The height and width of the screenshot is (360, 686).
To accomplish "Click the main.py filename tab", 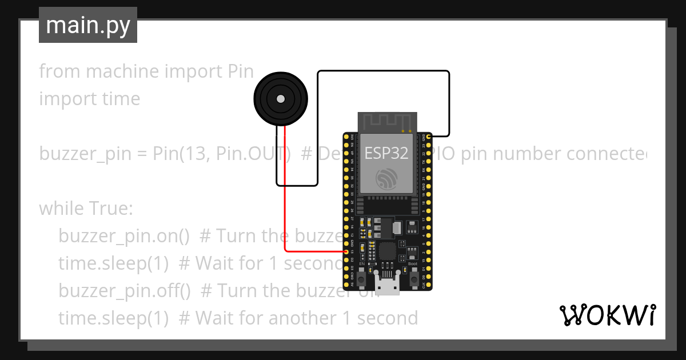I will pyautogui.click(x=87, y=25).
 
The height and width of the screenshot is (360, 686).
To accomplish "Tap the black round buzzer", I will pyautogui.click(x=280, y=98).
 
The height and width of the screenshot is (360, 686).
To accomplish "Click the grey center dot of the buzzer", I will pyautogui.click(x=280, y=98).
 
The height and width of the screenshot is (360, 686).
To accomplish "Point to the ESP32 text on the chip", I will pyautogui.click(x=386, y=153).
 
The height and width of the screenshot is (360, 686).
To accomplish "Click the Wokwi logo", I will pyautogui.click(x=607, y=315).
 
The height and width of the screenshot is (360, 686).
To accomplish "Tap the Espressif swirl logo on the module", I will pyautogui.click(x=386, y=179).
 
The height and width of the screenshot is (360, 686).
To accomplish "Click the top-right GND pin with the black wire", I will pyautogui.click(x=428, y=136).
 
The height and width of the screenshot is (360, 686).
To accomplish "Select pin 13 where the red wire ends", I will pyautogui.click(x=346, y=251).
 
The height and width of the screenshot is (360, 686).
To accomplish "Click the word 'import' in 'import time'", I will pyautogui.click(x=61, y=99).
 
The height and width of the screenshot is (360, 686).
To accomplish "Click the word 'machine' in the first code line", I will pyautogui.click(x=122, y=71).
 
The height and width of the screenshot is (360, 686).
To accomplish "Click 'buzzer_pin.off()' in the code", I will pyautogui.click(x=125, y=291).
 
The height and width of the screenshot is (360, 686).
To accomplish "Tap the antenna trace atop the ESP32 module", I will pyautogui.click(x=386, y=122).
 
